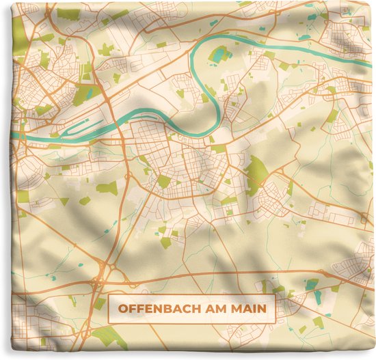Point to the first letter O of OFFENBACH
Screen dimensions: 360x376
124,308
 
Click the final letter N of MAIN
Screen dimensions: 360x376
263,308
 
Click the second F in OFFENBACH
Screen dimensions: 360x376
142,308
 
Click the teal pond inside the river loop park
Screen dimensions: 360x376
220,54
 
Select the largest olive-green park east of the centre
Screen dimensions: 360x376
256,171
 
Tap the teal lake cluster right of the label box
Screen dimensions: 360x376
312,284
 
